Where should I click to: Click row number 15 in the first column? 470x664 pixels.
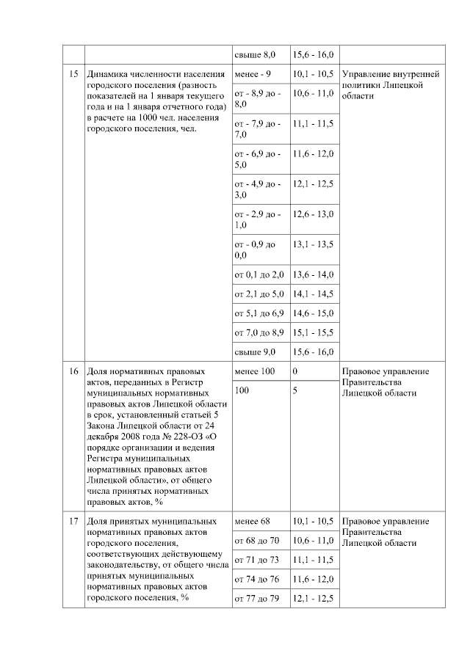[73, 75]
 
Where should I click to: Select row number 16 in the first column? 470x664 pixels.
[73, 372]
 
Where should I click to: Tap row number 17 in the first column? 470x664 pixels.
[73, 522]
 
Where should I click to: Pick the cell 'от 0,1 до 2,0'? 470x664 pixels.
[258, 274]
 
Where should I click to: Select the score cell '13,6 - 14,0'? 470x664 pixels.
[313, 274]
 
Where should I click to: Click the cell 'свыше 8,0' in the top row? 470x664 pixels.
[254, 55]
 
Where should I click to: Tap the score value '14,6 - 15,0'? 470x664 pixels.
[313, 313]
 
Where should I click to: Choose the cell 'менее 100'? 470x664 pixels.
[254, 372]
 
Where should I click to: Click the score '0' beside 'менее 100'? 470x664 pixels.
[295, 372]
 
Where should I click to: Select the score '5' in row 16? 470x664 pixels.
[295, 391]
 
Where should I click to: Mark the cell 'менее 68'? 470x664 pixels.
[253, 522]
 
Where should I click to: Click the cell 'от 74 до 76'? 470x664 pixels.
[256, 580]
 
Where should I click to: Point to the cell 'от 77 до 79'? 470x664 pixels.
[256, 599]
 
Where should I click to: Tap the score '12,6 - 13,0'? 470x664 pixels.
[313, 214]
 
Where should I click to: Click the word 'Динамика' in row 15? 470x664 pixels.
[109, 75]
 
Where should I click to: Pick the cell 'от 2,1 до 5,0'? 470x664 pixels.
[258, 294]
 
